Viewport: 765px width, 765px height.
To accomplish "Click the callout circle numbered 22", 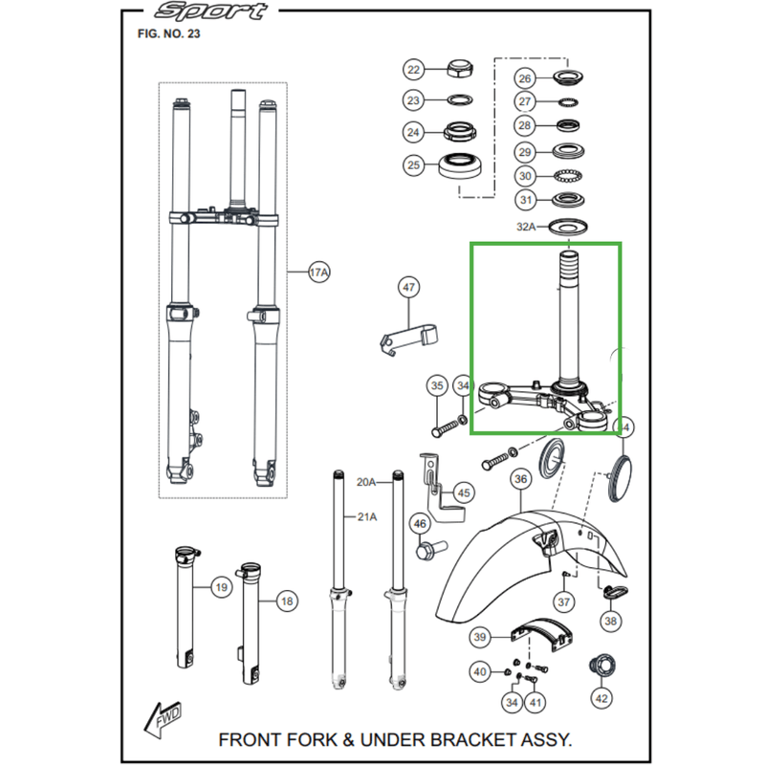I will pyautogui.click(x=413, y=70).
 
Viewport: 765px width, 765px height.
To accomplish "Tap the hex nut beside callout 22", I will pyautogui.click(x=463, y=70).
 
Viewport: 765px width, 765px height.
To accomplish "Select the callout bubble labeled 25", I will pyautogui.click(x=413, y=165).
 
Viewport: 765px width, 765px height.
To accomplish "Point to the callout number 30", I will pyautogui.click(x=525, y=176).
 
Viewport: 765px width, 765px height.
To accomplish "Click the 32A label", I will pyautogui.click(x=527, y=227).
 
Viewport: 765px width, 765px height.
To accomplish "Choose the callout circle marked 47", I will pyautogui.click(x=408, y=287).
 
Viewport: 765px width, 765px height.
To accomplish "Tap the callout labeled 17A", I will pyautogui.click(x=318, y=273).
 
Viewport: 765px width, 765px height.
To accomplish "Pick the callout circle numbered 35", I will pyautogui.click(x=437, y=386).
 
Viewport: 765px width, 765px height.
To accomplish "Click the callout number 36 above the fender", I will pyautogui.click(x=520, y=478).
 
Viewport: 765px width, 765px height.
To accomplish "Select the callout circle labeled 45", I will pyautogui.click(x=464, y=493).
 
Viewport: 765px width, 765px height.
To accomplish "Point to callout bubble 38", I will pyautogui.click(x=611, y=621).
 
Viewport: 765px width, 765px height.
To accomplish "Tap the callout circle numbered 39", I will pyautogui.click(x=480, y=636).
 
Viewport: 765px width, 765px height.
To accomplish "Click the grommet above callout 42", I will pyautogui.click(x=601, y=663).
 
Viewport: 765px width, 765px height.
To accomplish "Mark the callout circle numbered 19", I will pyautogui.click(x=220, y=587).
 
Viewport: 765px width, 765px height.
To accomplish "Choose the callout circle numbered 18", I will pyautogui.click(x=286, y=601).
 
